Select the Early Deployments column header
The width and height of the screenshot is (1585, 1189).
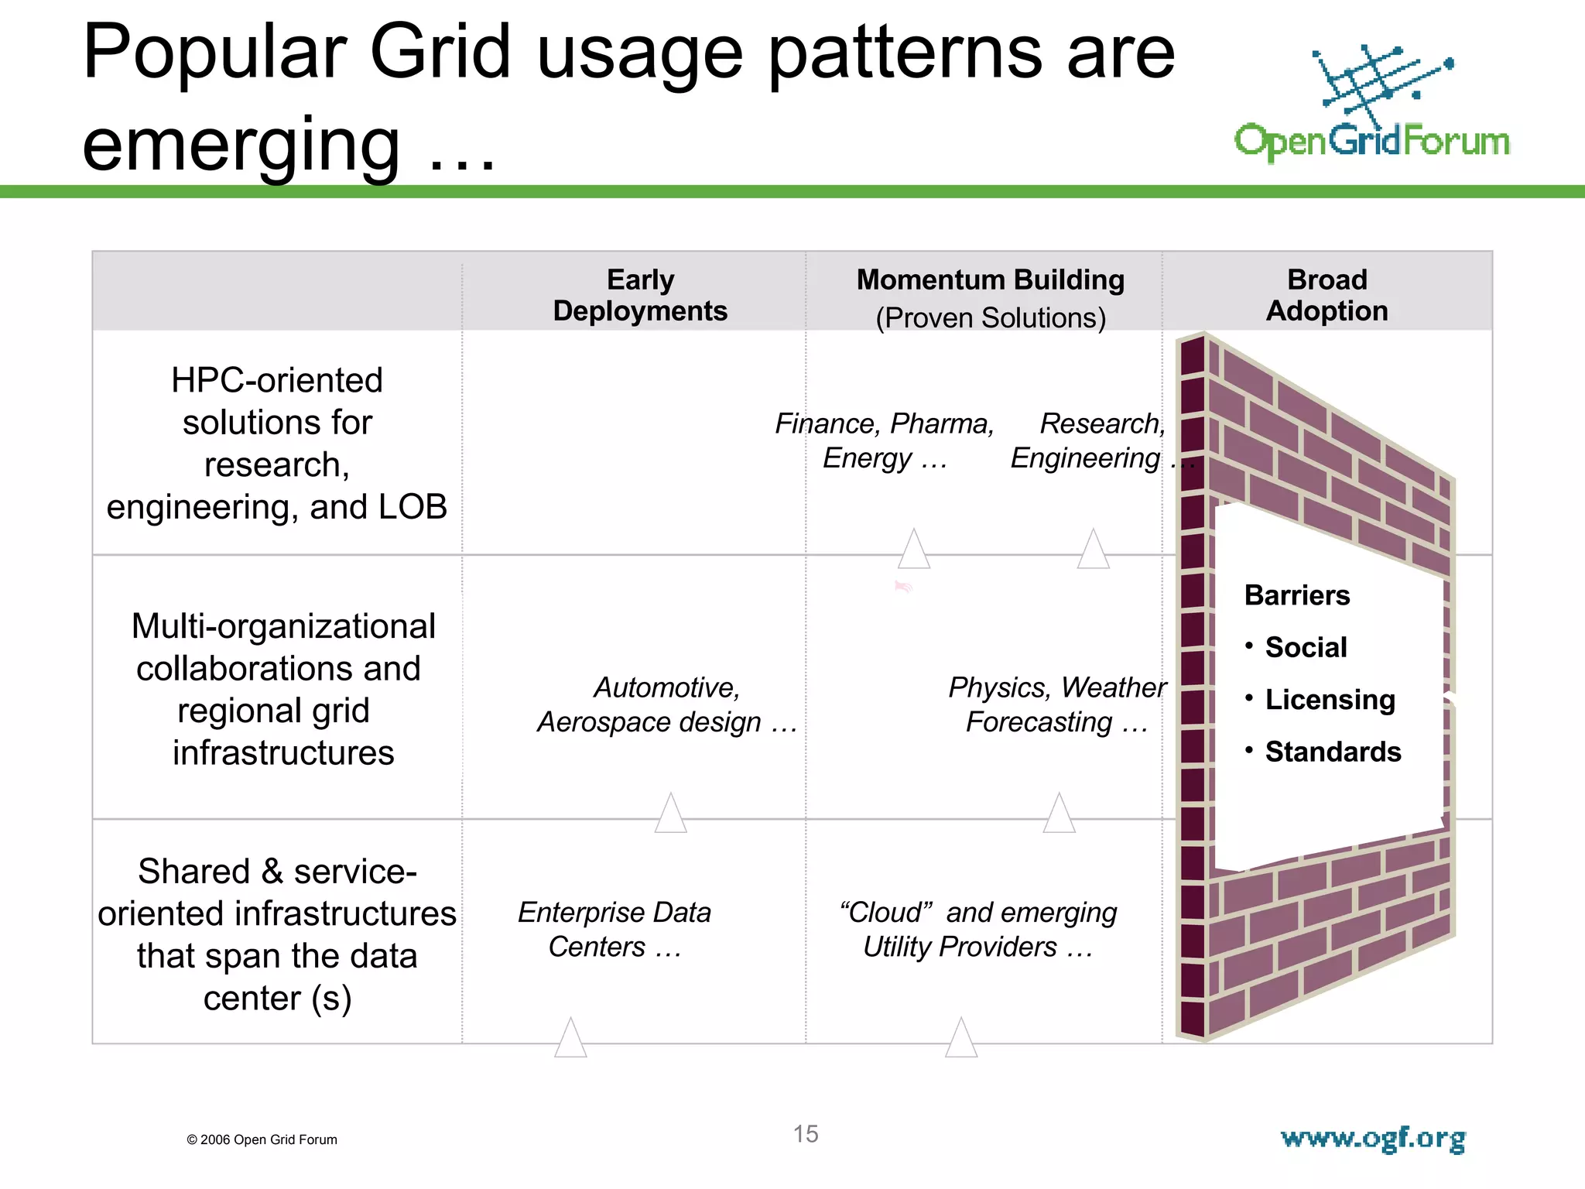pyautogui.click(x=640, y=295)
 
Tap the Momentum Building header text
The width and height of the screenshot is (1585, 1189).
pyautogui.click(x=990, y=279)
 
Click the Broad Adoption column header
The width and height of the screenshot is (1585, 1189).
pyautogui.click(x=1327, y=295)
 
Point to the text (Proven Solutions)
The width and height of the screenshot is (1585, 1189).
pyautogui.click(x=990, y=318)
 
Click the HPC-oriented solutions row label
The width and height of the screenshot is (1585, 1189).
pyautogui.click(x=277, y=443)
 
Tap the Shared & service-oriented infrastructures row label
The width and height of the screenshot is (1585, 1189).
pyautogui.click(x=277, y=934)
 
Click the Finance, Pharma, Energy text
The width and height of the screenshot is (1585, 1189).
pyautogui.click(x=885, y=440)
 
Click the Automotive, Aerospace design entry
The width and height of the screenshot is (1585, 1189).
pyautogui.click(x=667, y=704)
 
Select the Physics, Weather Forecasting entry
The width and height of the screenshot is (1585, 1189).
pyautogui.click(x=1056, y=704)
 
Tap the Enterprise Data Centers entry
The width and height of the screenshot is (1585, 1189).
pyautogui.click(x=614, y=929)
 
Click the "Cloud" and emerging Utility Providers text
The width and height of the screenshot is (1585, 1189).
pyautogui.click(x=978, y=929)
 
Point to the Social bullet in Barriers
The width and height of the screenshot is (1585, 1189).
pyautogui.click(x=1306, y=647)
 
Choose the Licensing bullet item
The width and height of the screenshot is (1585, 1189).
pyautogui.click(x=1330, y=700)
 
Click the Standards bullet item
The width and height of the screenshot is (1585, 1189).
pyautogui.click(x=1333, y=752)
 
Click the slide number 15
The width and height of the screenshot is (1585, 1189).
pyautogui.click(x=806, y=1134)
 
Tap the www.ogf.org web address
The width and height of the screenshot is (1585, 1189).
pyautogui.click(x=1373, y=1139)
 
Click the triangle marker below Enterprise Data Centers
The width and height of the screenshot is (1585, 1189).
pyautogui.click(x=570, y=1040)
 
